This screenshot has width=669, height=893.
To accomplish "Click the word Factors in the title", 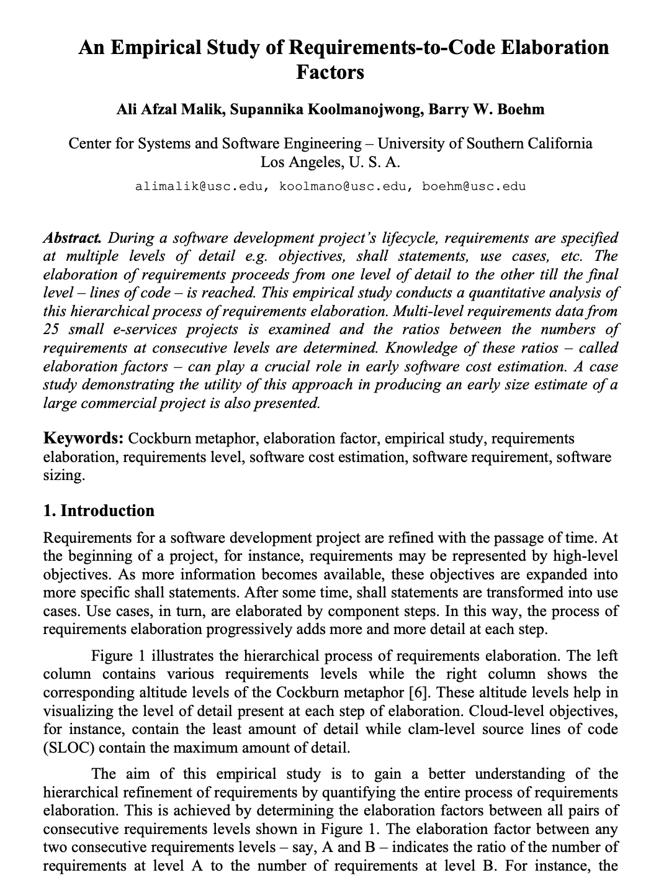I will point(330,72).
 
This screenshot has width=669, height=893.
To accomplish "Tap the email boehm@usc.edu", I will point(474,186).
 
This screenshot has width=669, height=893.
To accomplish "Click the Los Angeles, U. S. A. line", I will point(330,163).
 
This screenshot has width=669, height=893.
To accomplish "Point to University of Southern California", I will point(485,143).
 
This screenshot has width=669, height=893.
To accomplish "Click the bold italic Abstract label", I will point(73,238).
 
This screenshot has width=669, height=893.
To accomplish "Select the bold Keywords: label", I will point(83,438).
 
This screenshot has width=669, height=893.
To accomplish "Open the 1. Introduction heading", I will point(99,510).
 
